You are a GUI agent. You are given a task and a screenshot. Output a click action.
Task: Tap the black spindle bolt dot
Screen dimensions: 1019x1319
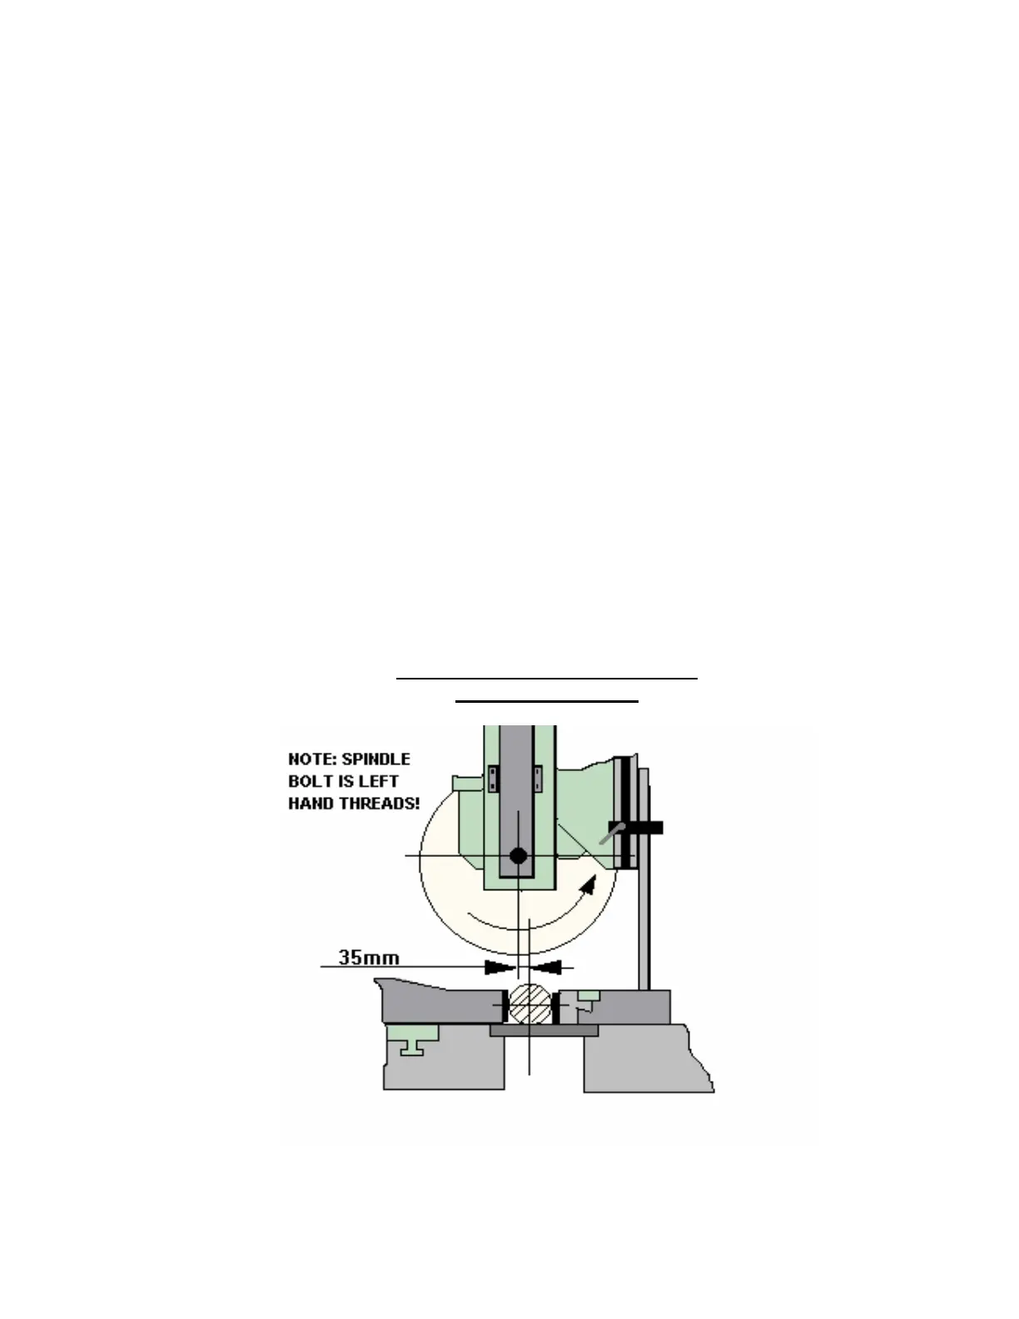tap(518, 855)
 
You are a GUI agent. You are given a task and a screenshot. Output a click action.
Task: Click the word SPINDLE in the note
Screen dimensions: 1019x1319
tap(375, 759)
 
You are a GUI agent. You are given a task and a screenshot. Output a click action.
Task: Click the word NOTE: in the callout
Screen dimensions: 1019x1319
tap(312, 759)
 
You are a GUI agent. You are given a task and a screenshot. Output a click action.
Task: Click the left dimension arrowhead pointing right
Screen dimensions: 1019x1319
tap(500, 967)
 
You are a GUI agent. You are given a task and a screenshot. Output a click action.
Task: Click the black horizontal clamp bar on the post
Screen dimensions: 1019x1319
tap(640, 828)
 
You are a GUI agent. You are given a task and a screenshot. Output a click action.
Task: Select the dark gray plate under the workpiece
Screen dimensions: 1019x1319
tap(544, 1031)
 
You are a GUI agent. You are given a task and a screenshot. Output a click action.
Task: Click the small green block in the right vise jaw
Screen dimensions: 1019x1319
tap(589, 995)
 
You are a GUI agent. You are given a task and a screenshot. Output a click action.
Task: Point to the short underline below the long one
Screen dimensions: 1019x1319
tap(546, 702)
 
